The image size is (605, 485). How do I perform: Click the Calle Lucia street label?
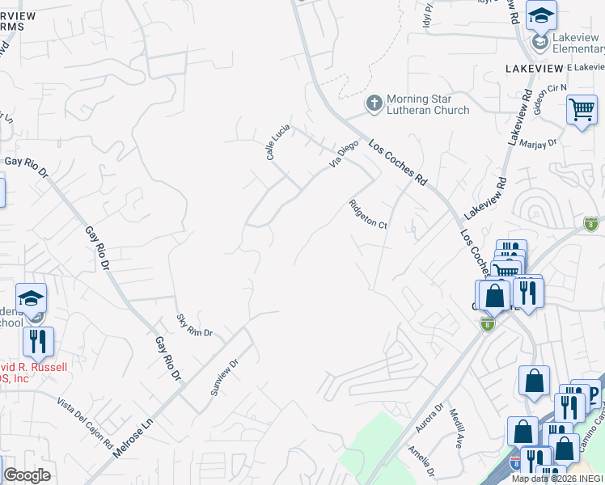(x=278, y=141)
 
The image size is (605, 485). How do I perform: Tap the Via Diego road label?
(x=343, y=154)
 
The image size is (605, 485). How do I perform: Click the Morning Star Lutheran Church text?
(x=428, y=104)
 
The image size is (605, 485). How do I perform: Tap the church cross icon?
(x=373, y=103)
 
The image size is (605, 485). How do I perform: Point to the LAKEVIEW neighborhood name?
(x=533, y=69)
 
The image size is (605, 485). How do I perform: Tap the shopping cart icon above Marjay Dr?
(x=582, y=110)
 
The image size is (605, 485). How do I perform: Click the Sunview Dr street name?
(x=225, y=377)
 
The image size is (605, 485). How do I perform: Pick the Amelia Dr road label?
(x=422, y=461)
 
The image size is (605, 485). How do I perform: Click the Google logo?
(x=27, y=475)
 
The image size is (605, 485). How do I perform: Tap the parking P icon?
(x=592, y=395)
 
